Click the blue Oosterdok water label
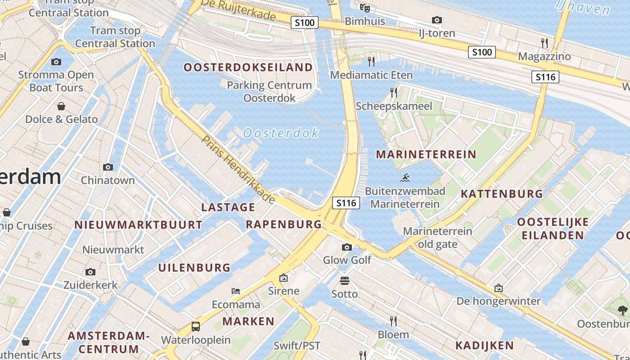click(x=281, y=133)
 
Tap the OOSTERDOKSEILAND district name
click(x=248, y=67)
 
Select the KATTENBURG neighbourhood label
click(x=502, y=194)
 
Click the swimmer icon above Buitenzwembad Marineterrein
click(x=405, y=178)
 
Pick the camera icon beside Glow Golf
click(x=347, y=247)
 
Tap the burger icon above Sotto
click(x=345, y=281)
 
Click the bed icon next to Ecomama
click(x=236, y=291)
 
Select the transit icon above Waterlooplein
click(x=196, y=326)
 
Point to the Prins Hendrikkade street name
click(x=238, y=169)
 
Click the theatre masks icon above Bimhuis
click(x=365, y=8)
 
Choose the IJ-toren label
click(x=436, y=33)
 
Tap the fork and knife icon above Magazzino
click(x=544, y=43)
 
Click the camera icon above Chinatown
click(x=108, y=167)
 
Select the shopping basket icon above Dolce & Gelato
click(x=61, y=106)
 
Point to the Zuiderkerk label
click(x=90, y=285)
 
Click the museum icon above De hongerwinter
click(x=499, y=288)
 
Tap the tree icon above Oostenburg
click(x=623, y=310)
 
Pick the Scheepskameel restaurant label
click(x=394, y=106)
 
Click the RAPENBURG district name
click(x=283, y=224)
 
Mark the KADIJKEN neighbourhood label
click(x=484, y=346)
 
